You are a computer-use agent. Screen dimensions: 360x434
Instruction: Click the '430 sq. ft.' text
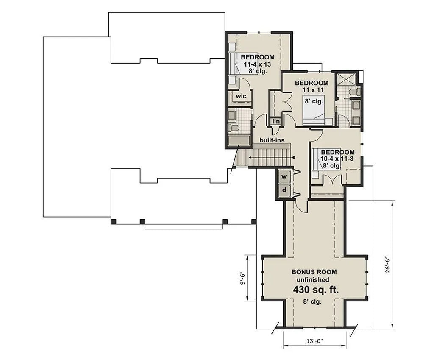[314, 290]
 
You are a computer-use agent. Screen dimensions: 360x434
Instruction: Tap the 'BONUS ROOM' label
[314, 272]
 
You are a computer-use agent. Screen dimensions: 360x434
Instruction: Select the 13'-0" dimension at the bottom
[314, 340]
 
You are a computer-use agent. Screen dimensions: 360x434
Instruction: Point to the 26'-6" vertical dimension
[388, 264]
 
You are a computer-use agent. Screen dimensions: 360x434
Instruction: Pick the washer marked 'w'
[284, 176]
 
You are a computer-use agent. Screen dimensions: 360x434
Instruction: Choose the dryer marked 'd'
[284, 191]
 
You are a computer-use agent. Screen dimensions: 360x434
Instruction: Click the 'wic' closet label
[241, 96]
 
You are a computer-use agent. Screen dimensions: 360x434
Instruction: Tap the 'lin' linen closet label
[276, 122]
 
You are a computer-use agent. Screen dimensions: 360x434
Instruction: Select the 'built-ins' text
[272, 140]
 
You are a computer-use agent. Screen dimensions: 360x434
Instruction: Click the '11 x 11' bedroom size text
[312, 90]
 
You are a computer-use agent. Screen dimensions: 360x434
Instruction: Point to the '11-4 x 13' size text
[257, 64]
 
